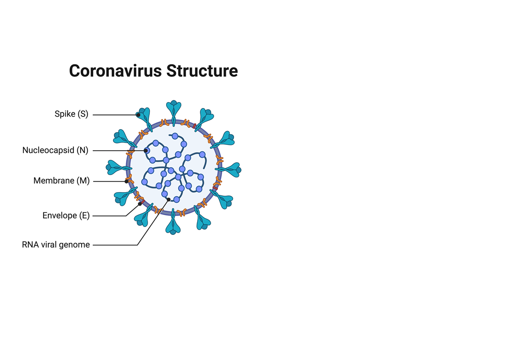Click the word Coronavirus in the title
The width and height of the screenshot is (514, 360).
[116, 71]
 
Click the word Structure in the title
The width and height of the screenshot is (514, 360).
[202, 71]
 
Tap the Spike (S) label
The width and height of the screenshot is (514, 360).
[72, 114]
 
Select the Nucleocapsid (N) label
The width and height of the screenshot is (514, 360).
[55, 150]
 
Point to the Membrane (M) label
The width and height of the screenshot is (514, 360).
[61, 180]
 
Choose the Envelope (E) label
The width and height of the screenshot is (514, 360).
[66, 216]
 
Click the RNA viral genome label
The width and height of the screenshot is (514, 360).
[56, 245]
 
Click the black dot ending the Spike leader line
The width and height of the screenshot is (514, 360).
[138, 115]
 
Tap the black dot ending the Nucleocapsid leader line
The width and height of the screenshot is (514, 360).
[146, 150]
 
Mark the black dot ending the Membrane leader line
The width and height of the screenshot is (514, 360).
[126, 181]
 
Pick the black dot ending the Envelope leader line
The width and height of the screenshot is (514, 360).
[140, 204]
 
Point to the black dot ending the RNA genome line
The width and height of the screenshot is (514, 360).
[168, 199]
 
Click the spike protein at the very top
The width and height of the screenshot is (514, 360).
[174, 112]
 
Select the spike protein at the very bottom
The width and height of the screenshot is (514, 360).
[173, 222]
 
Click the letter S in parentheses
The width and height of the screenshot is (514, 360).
[83, 114]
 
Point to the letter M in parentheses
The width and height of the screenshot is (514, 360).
[83, 180]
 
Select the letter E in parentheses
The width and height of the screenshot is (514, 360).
[84, 216]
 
